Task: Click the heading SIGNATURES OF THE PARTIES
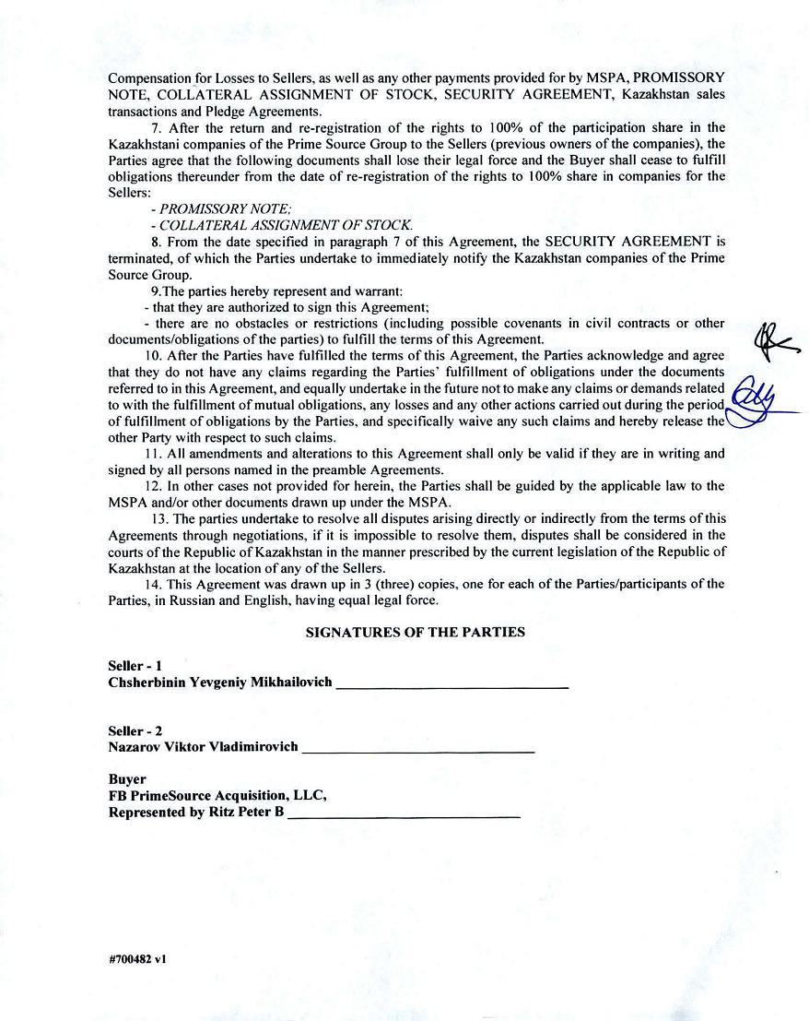415,633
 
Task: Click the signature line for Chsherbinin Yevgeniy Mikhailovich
451,687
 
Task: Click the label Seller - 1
135,666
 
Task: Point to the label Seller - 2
135,730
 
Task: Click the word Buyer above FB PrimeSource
127,779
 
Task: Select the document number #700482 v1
137,959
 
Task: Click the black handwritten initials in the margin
772,342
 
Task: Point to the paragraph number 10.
153,355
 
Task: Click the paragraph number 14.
153,584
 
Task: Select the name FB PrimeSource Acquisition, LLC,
217,796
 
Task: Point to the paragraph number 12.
153,486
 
